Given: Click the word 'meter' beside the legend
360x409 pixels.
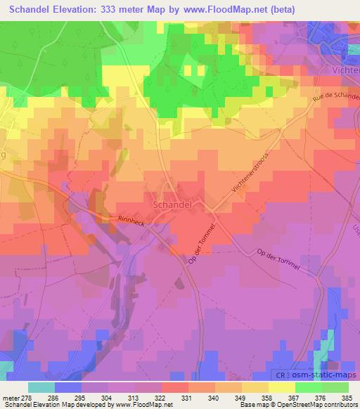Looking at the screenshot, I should (x=9, y=398).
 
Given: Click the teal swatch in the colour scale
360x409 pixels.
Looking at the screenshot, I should (x=41, y=387).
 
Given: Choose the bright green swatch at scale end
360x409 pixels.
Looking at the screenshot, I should (x=335, y=387).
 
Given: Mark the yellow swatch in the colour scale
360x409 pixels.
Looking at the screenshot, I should (x=282, y=387).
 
